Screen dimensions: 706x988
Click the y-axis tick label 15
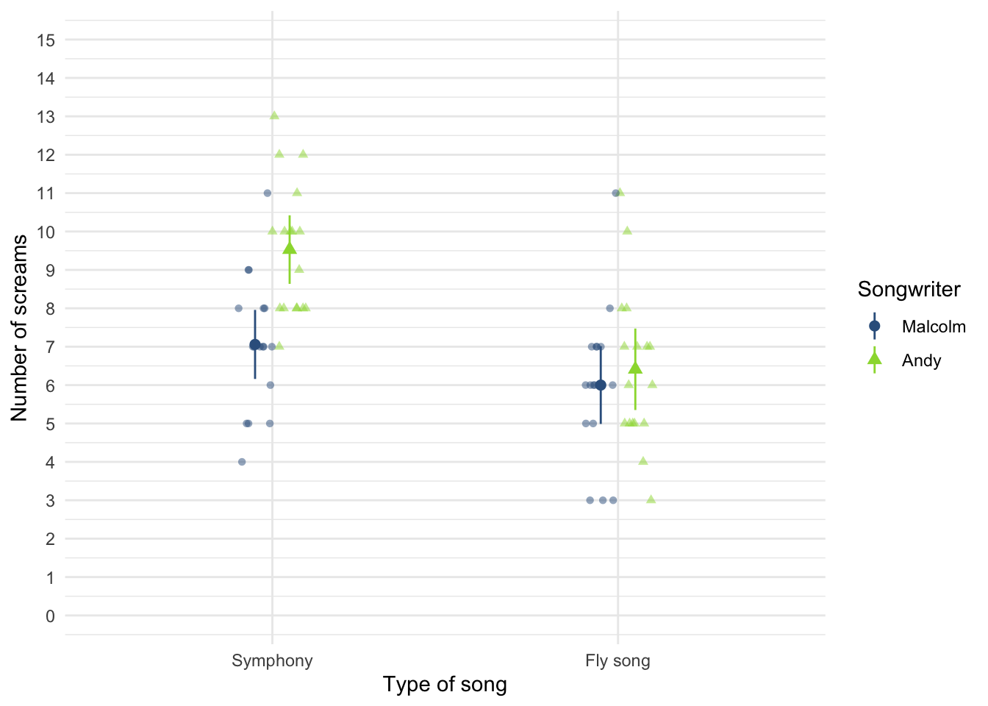pyautogui.click(x=46, y=40)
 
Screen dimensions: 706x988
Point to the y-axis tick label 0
pyautogui.click(x=49, y=616)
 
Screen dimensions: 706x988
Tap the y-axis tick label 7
pyautogui.click(x=49, y=347)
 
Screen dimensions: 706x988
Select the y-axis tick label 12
pyautogui.click(x=46, y=155)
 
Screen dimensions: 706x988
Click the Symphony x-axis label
pyautogui.click(x=272, y=660)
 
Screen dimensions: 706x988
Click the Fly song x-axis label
pyautogui.click(x=617, y=660)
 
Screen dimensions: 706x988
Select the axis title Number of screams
pyautogui.click(x=19, y=327)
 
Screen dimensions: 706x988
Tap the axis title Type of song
pyautogui.click(x=445, y=685)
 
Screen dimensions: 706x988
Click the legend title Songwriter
pyautogui.click(x=909, y=290)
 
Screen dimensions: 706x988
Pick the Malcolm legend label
pyautogui.click(x=934, y=327)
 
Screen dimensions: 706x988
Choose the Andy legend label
pyautogui.click(x=921, y=360)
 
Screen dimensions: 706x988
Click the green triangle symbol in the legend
pyautogui.click(x=874, y=359)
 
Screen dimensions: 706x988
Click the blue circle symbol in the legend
pyautogui.click(x=874, y=326)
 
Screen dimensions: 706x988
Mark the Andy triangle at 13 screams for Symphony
pyautogui.click(x=274, y=115)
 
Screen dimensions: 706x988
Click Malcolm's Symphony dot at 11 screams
pyautogui.click(x=268, y=193)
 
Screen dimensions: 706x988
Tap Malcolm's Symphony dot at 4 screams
pyautogui.click(x=242, y=462)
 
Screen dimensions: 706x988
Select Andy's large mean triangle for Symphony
pyautogui.click(x=290, y=248)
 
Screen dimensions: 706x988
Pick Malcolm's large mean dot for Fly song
pyautogui.click(x=601, y=385)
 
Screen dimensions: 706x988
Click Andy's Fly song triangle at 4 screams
pyautogui.click(x=643, y=461)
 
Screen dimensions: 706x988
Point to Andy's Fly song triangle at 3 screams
pyautogui.click(x=651, y=499)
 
